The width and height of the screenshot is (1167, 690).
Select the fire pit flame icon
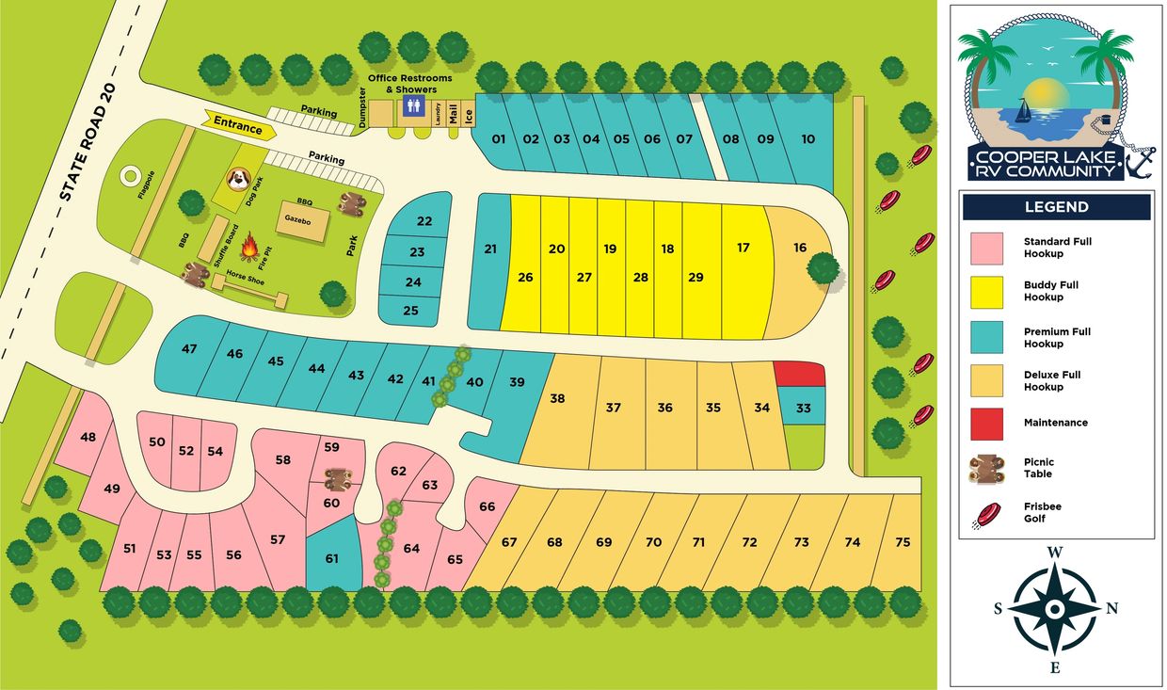coord(250,248)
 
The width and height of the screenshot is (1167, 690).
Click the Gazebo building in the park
coord(302,222)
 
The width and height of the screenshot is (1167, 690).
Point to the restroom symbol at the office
coord(411,107)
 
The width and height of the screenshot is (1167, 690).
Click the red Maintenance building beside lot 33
coord(799,374)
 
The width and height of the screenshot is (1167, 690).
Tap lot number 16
coord(800,248)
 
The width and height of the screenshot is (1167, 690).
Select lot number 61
coord(331,558)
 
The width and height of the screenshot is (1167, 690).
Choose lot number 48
coord(88,437)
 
